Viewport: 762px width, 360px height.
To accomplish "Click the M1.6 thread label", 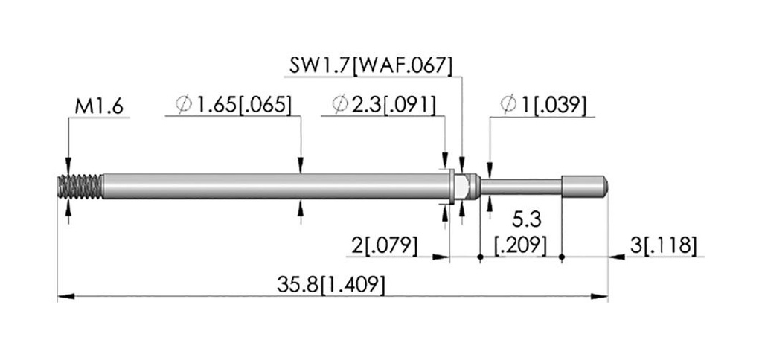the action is click(99, 107).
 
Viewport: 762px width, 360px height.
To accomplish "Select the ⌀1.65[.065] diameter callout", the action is click(234, 104).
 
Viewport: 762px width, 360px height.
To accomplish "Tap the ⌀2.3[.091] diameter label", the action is click(384, 104).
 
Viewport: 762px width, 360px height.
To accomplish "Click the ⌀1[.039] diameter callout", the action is click(543, 104).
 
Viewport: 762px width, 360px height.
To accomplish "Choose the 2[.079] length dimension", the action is click(385, 246).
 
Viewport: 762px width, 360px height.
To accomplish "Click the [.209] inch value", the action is click(520, 245).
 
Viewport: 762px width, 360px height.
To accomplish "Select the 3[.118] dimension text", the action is click(663, 246).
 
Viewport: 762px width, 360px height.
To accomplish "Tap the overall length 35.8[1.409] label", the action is click(331, 285).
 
